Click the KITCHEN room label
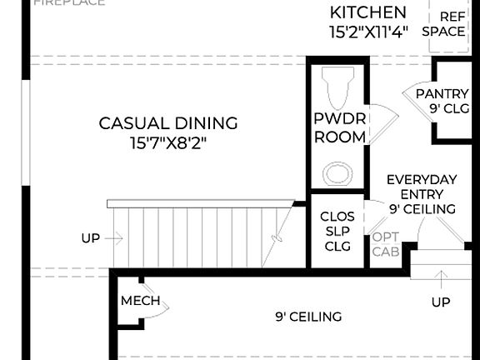(367, 12)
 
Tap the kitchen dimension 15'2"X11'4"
(367, 32)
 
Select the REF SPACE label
(443, 23)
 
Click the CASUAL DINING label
(168, 123)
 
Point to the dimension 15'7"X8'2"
(168, 142)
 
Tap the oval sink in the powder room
(337, 174)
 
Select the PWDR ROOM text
(340, 127)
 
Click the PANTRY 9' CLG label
(442, 100)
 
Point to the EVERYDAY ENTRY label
(422, 187)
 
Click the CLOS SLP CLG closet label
(337, 231)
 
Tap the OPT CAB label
(385, 243)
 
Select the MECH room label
(140, 301)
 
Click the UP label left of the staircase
(91, 238)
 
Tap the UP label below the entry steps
(441, 300)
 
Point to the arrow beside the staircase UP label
(115, 238)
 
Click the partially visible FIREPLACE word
(69, 2)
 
